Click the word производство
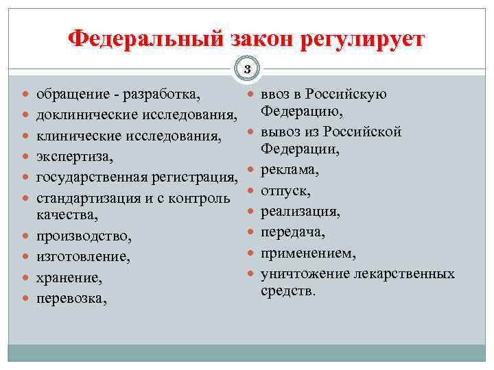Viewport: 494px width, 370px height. (83, 236)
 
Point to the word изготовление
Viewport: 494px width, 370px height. (82, 258)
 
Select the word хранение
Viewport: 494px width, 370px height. (69, 279)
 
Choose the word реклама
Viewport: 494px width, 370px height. (289, 169)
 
